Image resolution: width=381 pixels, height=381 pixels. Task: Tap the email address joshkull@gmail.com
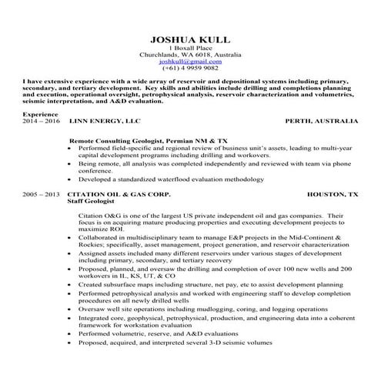pyautogui.click(x=190, y=62)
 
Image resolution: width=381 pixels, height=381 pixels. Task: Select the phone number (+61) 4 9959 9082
pyautogui.click(x=190, y=69)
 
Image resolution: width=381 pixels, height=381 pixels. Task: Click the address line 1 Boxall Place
pyautogui.click(x=190, y=48)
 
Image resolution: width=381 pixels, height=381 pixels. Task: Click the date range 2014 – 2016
pyautogui.click(x=40, y=122)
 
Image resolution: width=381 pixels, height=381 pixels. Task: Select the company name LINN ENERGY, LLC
pyautogui.click(x=105, y=122)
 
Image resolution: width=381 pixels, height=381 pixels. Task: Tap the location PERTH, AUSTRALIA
pyautogui.click(x=321, y=122)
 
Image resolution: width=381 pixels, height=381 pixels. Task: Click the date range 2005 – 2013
pyautogui.click(x=40, y=196)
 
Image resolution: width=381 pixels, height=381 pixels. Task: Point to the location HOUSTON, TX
pyautogui.click(x=333, y=196)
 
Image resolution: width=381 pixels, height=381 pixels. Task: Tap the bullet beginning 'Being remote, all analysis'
pyautogui.click(x=208, y=163)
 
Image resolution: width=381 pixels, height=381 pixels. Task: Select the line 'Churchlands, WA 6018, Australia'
pyautogui.click(x=190, y=55)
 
